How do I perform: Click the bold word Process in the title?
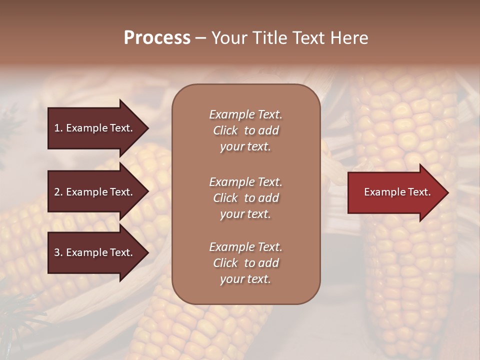157,38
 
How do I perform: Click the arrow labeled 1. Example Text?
95,128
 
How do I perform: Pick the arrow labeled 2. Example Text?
95,192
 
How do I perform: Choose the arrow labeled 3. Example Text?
95,253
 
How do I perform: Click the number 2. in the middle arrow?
58,192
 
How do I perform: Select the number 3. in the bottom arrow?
58,253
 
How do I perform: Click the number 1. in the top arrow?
58,128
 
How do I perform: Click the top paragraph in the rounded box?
245,130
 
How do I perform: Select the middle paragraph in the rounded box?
245,198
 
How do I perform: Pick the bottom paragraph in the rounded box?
245,263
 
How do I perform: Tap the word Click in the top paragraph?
225,130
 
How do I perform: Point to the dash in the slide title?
200,38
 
